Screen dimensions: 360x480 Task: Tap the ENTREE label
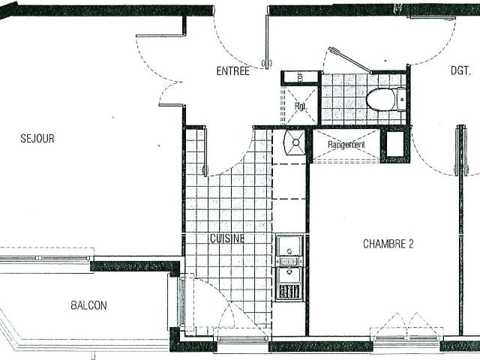[232, 72]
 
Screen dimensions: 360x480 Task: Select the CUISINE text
[227, 238]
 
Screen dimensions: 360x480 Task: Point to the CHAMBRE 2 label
[388, 244]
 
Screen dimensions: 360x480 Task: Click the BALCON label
[88, 305]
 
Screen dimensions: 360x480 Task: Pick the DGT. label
[460, 72]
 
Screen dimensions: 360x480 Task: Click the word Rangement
[346, 145]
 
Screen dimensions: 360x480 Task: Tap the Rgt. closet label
[300, 106]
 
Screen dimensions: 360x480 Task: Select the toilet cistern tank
[402, 98]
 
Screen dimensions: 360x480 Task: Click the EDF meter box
[300, 76]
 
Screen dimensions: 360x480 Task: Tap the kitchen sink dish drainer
[289, 290]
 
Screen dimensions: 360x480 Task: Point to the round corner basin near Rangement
[295, 141]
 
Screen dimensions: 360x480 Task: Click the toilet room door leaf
[349, 61]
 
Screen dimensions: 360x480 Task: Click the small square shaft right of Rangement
[393, 145]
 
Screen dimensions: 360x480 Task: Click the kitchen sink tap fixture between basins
[289, 261]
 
